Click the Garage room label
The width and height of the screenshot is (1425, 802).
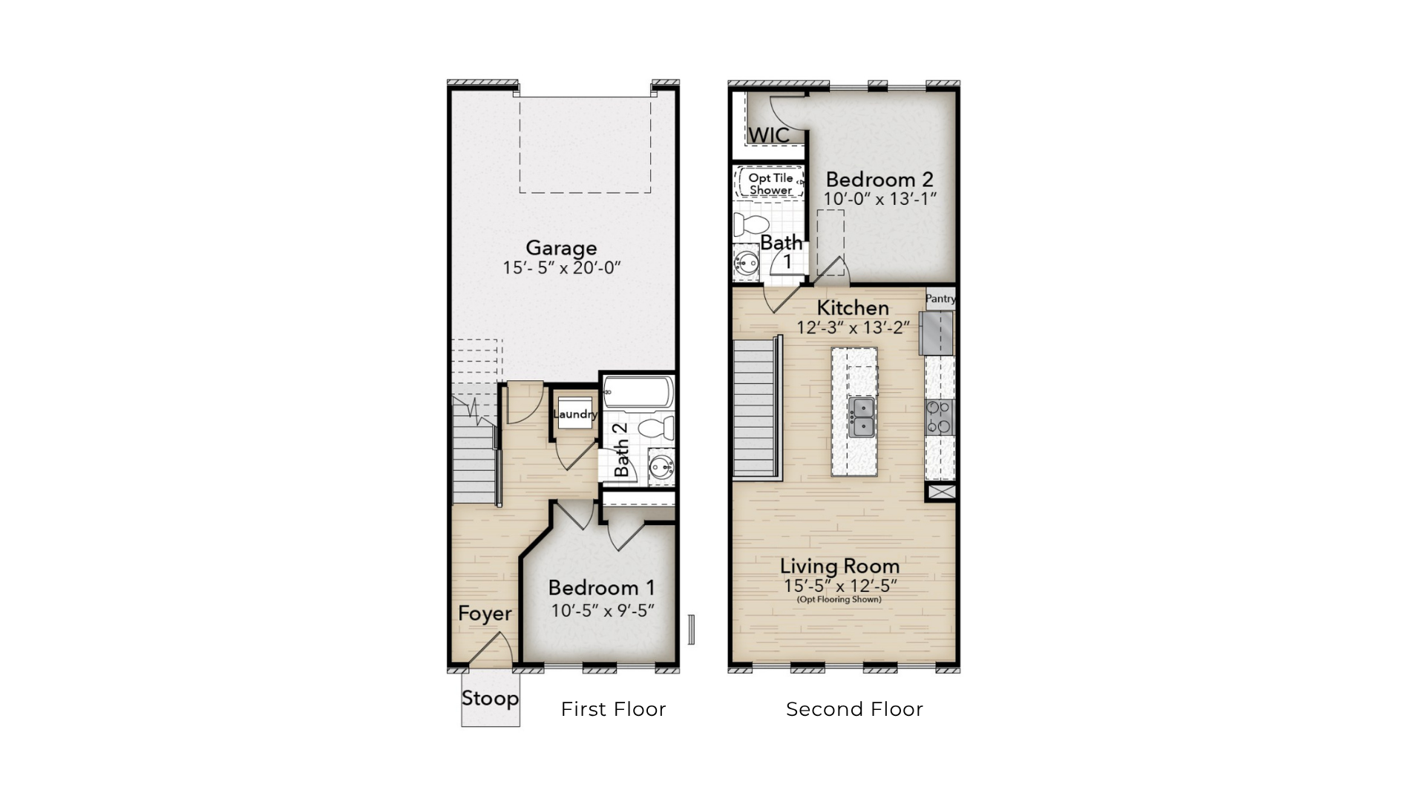point(561,248)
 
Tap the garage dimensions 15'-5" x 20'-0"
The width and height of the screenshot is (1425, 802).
point(561,268)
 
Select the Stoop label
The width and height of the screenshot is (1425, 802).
point(490,699)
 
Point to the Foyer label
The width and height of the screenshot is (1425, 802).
point(485,613)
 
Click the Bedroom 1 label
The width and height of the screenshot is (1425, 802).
point(602,588)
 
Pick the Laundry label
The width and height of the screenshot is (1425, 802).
point(575,414)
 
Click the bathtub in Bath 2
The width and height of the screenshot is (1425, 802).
point(638,392)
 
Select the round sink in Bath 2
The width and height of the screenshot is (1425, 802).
point(661,467)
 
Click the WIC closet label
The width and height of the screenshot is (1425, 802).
point(769,136)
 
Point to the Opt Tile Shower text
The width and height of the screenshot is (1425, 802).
point(771,184)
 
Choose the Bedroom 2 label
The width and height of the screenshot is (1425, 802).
point(879,180)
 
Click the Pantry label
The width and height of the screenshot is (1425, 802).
point(940,299)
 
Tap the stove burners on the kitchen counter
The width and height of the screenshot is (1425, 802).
point(940,417)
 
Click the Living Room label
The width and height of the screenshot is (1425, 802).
point(839,567)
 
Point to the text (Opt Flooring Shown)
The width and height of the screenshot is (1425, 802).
point(839,599)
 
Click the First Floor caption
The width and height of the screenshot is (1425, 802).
point(614,710)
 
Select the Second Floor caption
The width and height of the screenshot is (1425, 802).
point(855,710)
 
